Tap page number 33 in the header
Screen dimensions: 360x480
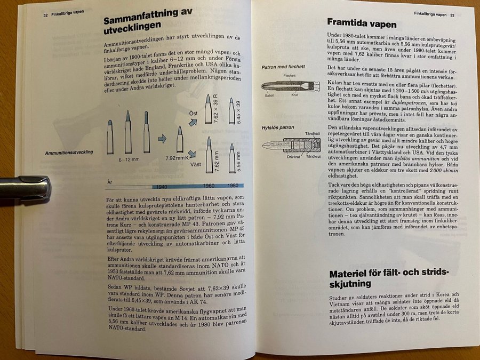pyautogui.click(x=452, y=15)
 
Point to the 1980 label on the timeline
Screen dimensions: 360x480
pyautogui.click(x=233, y=185)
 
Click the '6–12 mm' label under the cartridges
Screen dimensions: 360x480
pyautogui.click(x=129, y=159)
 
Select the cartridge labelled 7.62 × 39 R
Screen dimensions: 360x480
pyautogui.click(x=208, y=109)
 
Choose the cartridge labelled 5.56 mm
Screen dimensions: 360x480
pyautogui.click(x=232, y=158)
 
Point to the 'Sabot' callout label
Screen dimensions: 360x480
pyautogui.click(x=269, y=95)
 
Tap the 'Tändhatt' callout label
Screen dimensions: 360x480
pyautogui.click(x=312, y=134)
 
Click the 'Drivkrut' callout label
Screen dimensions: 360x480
pyautogui.click(x=294, y=157)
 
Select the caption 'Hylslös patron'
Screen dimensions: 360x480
pyautogui.click(x=278, y=128)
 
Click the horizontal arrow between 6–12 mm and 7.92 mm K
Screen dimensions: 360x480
pyautogui.click(x=162, y=139)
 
